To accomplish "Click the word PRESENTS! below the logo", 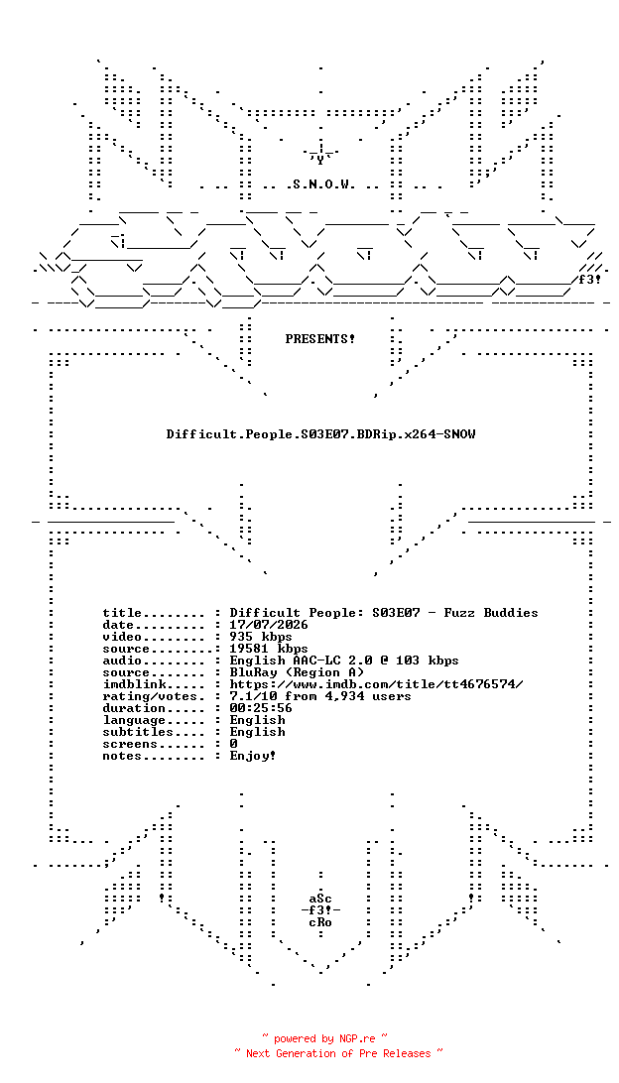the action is coord(320,339).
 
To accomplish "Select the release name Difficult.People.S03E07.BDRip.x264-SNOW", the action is coord(320,434).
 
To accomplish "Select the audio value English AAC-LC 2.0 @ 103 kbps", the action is coord(344,661).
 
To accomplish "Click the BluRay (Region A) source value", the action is coord(297,672).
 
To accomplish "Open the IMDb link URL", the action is coord(377,683).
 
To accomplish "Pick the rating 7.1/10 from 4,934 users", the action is coord(320,695).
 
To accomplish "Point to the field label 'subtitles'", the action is coord(134,732).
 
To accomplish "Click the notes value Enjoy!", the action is coord(253,756).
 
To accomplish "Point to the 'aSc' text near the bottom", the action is coord(320,899).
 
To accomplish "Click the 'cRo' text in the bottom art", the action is coord(320,922).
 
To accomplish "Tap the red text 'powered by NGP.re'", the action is coord(324,1038).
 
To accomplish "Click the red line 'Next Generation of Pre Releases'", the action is coord(338,1053).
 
